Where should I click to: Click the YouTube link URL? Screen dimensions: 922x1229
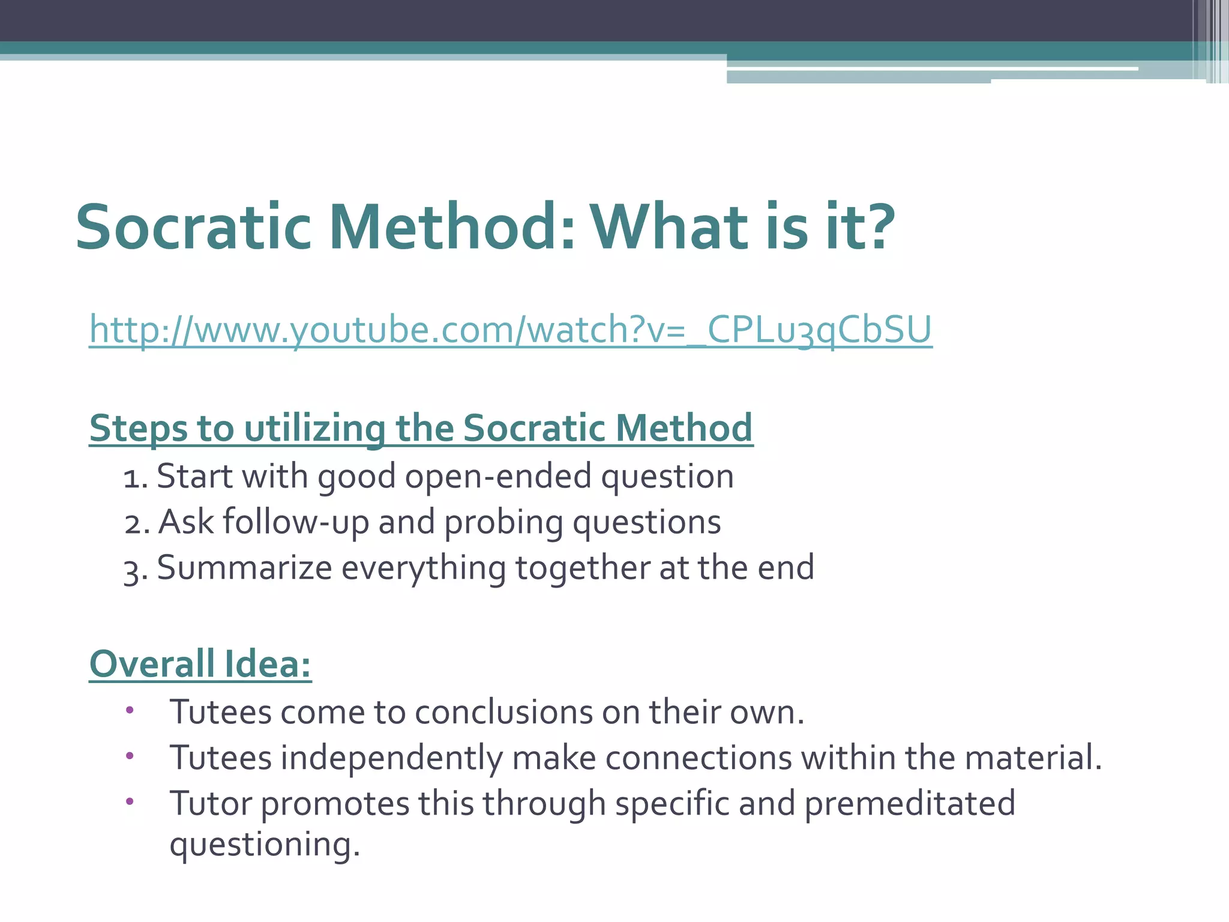click(x=510, y=330)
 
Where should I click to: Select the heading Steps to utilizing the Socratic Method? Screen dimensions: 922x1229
click(x=421, y=429)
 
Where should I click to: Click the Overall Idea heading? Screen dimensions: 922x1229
click(x=200, y=664)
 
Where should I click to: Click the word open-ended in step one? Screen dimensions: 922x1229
click(x=498, y=477)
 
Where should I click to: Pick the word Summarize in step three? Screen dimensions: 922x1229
click(x=244, y=568)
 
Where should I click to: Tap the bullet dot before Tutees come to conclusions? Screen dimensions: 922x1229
click(x=130, y=711)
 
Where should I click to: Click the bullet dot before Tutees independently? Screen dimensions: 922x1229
click(x=130, y=756)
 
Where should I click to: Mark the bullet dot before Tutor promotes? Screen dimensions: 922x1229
click(x=130, y=802)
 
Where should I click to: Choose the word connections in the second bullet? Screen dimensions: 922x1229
click(x=699, y=758)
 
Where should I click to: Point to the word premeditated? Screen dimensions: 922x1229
click(x=909, y=804)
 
